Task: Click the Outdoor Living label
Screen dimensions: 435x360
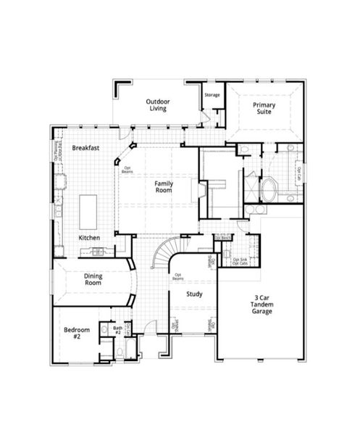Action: tap(157, 105)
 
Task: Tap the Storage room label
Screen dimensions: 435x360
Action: tap(212, 95)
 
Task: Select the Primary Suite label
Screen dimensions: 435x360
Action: tap(264, 109)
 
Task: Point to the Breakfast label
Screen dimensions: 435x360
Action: tap(85, 148)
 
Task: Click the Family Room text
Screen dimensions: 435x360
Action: tap(164, 187)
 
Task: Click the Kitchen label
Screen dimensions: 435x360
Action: tap(89, 238)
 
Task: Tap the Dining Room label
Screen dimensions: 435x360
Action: tap(94, 279)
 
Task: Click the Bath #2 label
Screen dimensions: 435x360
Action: tap(117, 331)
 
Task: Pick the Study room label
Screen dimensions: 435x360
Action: tap(193, 294)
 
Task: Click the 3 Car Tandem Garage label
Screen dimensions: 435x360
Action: tap(262, 305)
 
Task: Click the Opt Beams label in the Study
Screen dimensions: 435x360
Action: tap(177, 277)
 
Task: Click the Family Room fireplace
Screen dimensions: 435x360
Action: tap(194, 190)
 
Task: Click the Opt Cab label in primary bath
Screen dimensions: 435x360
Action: tap(298, 173)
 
